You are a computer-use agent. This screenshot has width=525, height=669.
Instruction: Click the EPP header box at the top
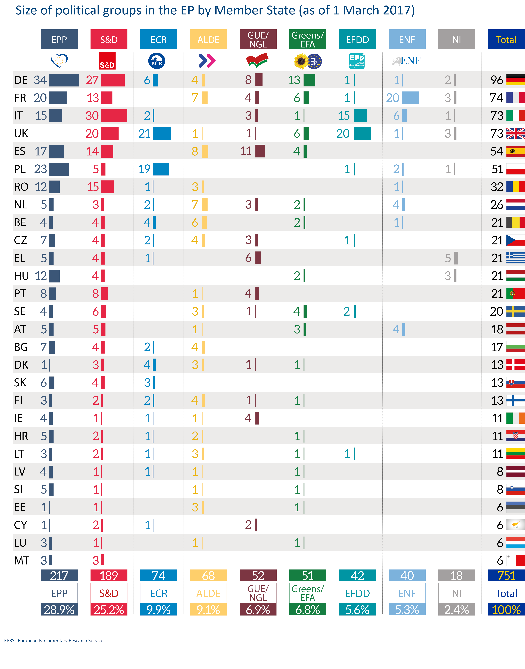pyautogui.click(x=59, y=39)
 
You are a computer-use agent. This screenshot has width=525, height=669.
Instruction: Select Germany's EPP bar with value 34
pyautogui.click(x=64, y=80)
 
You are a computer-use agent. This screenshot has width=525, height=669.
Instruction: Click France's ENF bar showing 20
pyautogui.click(x=410, y=98)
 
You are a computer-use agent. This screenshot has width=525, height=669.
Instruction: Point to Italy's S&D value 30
pyautogui.click(x=92, y=116)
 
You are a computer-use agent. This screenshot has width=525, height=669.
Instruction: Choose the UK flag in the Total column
pyautogui.click(x=515, y=133)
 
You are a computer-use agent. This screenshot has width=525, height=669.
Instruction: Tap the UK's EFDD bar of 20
pyautogui.click(x=362, y=133)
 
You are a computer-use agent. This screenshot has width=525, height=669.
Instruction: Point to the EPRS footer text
pyautogui.click(x=54, y=640)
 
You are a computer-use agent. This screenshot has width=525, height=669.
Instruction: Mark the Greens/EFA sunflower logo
pyautogui.click(x=301, y=61)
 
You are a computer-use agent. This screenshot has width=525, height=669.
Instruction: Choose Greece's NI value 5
pyautogui.click(x=448, y=258)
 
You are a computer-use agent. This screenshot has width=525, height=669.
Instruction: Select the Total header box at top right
pyautogui.click(x=506, y=39)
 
